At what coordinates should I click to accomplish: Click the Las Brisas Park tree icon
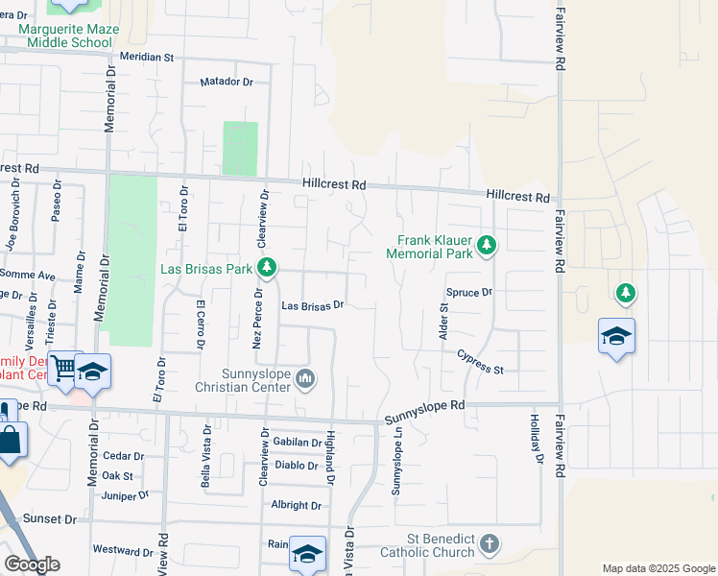coord(269,268)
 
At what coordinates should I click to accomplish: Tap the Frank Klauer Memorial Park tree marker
coord(487,245)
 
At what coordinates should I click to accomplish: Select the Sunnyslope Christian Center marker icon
coord(305,379)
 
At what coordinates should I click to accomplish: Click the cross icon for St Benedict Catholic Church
coord(489,543)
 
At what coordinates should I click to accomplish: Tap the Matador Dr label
coord(227,83)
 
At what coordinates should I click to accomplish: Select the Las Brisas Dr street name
coord(312,306)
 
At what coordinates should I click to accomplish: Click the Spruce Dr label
coord(468,292)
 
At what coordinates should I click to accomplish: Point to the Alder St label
coord(443,321)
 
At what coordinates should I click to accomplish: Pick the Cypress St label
coord(480,363)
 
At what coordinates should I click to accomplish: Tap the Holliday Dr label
coord(536,440)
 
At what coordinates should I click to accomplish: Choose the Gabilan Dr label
coord(297,443)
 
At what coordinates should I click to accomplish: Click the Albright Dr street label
coord(296,505)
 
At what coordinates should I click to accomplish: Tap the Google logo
coord(32,564)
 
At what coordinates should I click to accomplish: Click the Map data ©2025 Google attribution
coord(658,568)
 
